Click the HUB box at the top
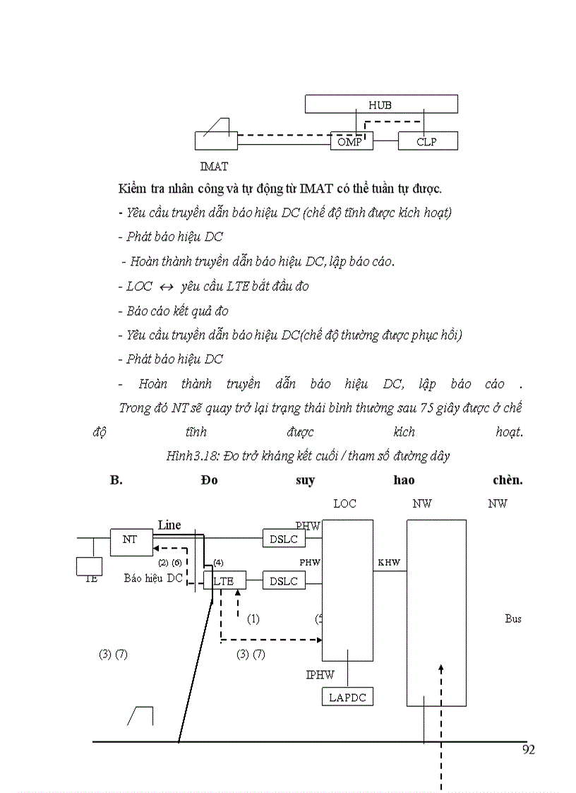pos(380,105)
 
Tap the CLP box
pos(427,141)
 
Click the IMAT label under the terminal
pos(214,167)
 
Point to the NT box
pos(130,539)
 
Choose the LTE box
pos(224,581)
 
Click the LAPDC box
pos(348,697)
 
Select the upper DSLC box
pos(284,539)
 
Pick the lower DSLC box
pos(284,581)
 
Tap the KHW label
pos(388,563)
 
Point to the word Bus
pos(513,619)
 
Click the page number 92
pos(529,750)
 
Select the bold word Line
pos(169,525)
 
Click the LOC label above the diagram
pos(345,503)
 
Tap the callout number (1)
pos(253,619)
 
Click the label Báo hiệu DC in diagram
pos(153,578)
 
